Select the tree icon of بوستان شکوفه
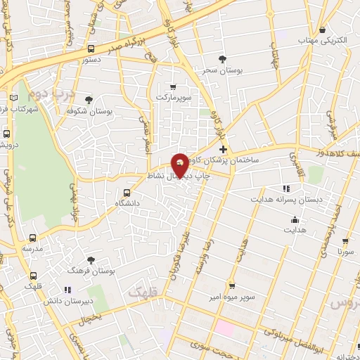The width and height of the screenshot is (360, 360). click(89, 100)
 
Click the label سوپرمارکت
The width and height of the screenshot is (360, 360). click(173, 96)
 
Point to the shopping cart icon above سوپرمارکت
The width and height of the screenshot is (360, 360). click(173, 86)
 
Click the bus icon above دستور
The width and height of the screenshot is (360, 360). click(91, 49)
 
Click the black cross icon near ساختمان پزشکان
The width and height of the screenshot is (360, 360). click(223, 149)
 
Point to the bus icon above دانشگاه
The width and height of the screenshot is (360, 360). click(127, 192)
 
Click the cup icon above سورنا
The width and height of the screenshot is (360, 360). click(345, 240)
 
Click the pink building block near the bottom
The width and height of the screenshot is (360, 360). click(224, 328)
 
